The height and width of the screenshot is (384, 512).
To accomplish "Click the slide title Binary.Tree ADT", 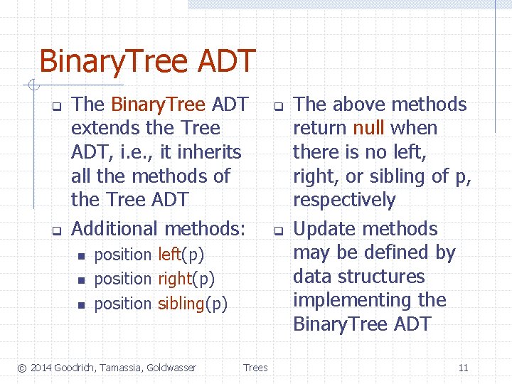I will (x=146, y=61).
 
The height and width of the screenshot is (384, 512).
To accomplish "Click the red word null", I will (x=369, y=129).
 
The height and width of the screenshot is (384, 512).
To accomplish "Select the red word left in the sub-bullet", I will (x=169, y=255).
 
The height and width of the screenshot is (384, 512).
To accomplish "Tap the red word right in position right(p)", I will (x=174, y=279).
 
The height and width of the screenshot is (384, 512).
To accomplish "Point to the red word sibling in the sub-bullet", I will (x=181, y=304).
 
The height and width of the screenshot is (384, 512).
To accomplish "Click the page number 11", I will (x=463, y=368).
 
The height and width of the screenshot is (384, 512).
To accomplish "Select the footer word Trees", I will (x=255, y=368).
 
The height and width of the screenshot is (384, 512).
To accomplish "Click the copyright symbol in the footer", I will (x=21, y=368).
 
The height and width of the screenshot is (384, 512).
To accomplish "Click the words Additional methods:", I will (x=159, y=229).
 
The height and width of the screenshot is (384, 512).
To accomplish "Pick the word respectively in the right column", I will (x=344, y=201).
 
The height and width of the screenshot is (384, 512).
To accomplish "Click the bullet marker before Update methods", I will (x=279, y=230).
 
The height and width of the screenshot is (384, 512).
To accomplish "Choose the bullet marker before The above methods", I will (x=279, y=106).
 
